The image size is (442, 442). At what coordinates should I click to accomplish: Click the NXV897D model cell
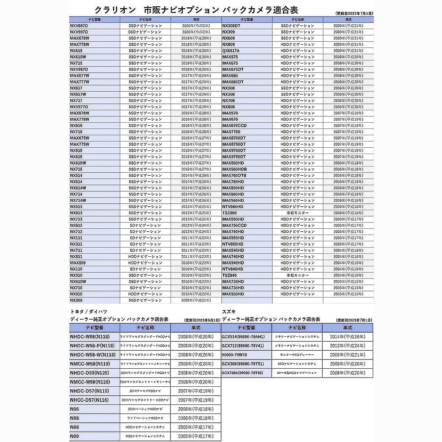pyautogui.click(x=79, y=26)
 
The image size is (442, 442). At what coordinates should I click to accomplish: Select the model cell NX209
pyautogui.click(x=76, y=301)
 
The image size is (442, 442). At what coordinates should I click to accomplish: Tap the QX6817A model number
pyautogui.click(x=231, y=51)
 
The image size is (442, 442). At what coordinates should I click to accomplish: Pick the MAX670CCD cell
pyautogui.click(x=235, y=126)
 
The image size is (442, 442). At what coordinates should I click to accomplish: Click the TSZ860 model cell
pyautogui.click(x=229, y=213)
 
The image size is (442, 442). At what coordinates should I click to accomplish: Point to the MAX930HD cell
pyautogui.click(x=233, y=294)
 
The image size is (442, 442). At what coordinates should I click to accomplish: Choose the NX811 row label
pyautogui.click(x=76, y=257)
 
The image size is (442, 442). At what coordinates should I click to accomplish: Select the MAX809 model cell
pyautogui.click(x=78, y=263)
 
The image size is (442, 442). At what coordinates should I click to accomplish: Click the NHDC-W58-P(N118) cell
pyautogui.click(x=92, y=346)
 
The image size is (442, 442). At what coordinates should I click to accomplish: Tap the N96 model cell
pyautogui.click(x=74, y=409)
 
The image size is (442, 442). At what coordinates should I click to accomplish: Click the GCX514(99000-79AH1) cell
pyautogui.click(x=243, y=337)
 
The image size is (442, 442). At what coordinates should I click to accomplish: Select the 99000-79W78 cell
pyautogui.click(x=235, y=355)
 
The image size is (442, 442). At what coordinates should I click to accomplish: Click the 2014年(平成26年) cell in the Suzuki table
pyautogui.click(x=347, y=337)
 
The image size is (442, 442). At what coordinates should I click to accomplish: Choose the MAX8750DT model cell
pyautogui.click(x=234, y=144)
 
